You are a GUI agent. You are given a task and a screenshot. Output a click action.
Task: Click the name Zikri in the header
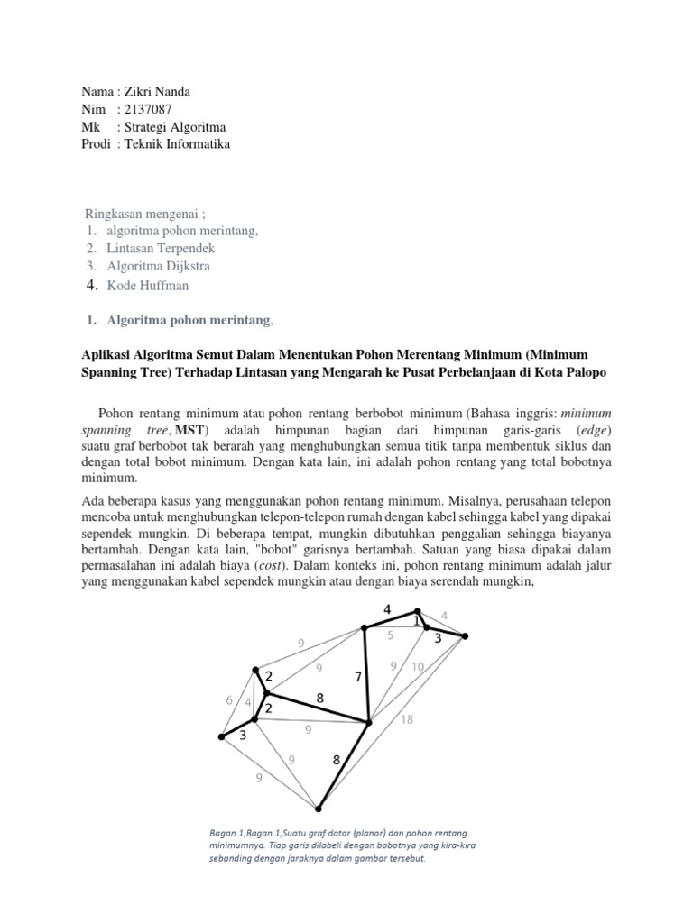(136, 91)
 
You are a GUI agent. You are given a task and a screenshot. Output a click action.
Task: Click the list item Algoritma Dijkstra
(160, 266)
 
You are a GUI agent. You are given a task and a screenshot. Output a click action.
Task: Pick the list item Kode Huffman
(149, 285)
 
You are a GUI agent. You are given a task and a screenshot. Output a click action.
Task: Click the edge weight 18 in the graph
(407, 720)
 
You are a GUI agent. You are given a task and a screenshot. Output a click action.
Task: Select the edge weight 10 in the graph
(417, 667)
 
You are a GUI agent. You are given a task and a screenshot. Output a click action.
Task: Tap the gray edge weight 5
(390, 635)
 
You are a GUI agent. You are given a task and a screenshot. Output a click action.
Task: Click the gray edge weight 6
(229, 700)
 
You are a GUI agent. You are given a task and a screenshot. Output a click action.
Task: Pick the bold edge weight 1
(416, 621)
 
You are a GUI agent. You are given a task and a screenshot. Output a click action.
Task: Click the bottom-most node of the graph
(318, 808)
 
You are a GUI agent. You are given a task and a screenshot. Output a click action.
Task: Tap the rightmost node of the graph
(465, 636)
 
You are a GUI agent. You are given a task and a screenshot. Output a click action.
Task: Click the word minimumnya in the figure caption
(238, 845)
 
